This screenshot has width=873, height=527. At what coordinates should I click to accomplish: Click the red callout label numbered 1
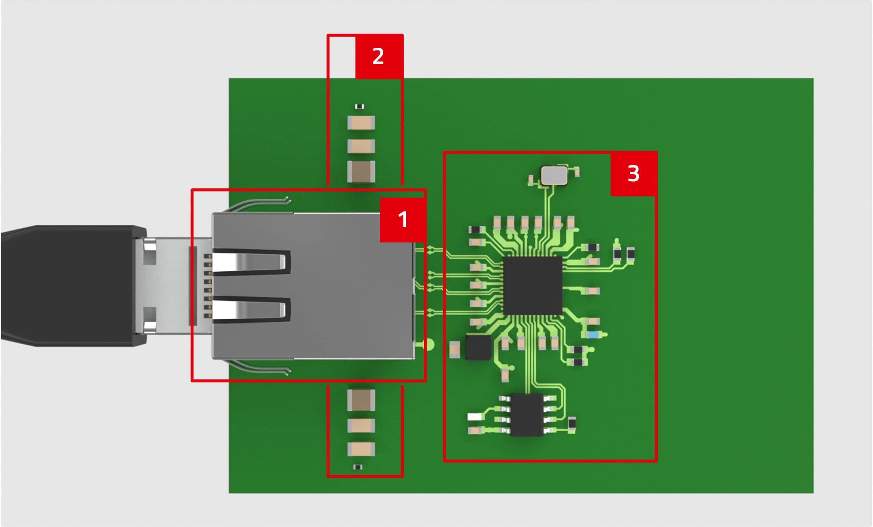(x=403, y=220)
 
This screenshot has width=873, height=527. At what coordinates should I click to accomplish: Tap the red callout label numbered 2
(x=379, y=56)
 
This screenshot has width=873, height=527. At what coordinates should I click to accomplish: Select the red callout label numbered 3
(x=634, y=174)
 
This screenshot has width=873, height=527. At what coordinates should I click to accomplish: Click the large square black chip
(x=533, y=286)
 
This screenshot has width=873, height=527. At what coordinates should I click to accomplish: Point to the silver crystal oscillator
(x=554, y=175)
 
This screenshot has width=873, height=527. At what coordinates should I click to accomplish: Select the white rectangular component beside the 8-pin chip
(x=475, y=417)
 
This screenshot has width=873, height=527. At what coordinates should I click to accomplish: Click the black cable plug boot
(x=73, y=286)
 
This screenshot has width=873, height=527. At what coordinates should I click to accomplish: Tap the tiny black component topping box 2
(x=359, y=106)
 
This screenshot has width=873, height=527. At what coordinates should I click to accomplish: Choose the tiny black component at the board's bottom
(x=358, y=467)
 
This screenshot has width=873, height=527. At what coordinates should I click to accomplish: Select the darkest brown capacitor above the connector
(x=361, y=171)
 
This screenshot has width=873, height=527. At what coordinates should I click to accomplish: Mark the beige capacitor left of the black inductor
(x=455, y=349)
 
